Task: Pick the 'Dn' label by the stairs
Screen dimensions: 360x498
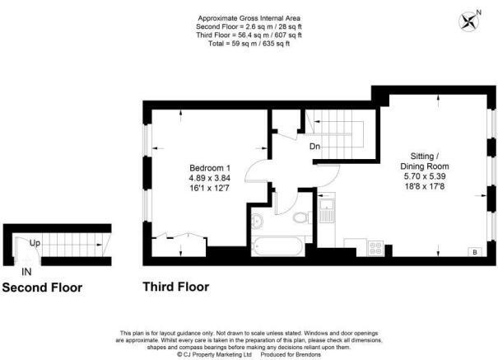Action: [314, 147]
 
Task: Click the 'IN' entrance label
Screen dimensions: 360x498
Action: [27, 271]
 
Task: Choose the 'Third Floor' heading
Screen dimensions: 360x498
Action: [175, 288]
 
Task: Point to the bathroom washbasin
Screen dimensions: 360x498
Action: [256, 220]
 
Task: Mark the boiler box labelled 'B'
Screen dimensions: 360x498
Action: [473, 251]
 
